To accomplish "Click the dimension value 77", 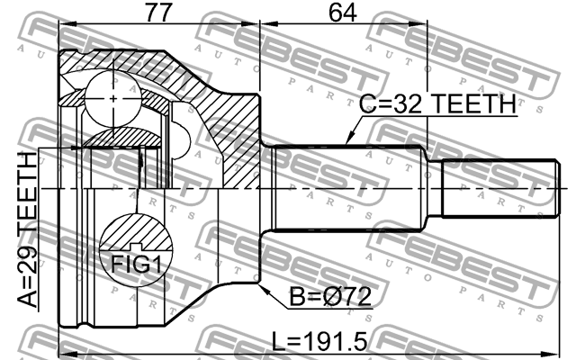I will pos(159,13).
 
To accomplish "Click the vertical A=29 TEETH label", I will pos(27,229).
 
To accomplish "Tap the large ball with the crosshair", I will pos(112,94).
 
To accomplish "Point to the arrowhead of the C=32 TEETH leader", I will pos(348,143).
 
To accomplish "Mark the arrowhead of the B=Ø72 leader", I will pos(262,288).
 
